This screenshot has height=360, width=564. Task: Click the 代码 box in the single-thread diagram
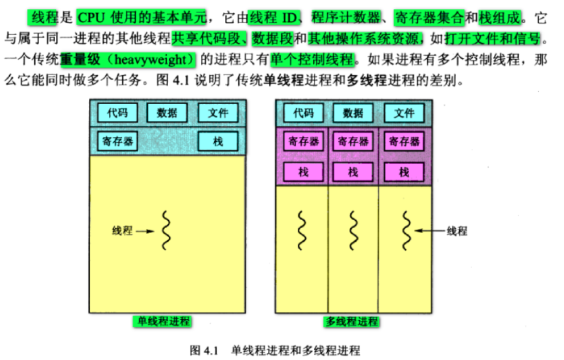click(x=118, y=112)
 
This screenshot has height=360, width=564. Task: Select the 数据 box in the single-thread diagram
click(x=167, y=112)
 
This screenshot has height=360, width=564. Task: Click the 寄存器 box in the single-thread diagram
click(x=118, y=141)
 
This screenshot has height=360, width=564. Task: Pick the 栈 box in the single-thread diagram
click(x=218, y=141)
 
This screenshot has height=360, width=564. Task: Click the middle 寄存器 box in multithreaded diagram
click(x=353, y=141)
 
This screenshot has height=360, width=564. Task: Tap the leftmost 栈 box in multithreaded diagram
click(x=303, y=171)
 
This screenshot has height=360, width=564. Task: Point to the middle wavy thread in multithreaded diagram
click(x=353, y=231)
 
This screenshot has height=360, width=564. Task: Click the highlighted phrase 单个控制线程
click(x=313, y=59)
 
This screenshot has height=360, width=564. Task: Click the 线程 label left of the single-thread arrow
click(x=122, y=231)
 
